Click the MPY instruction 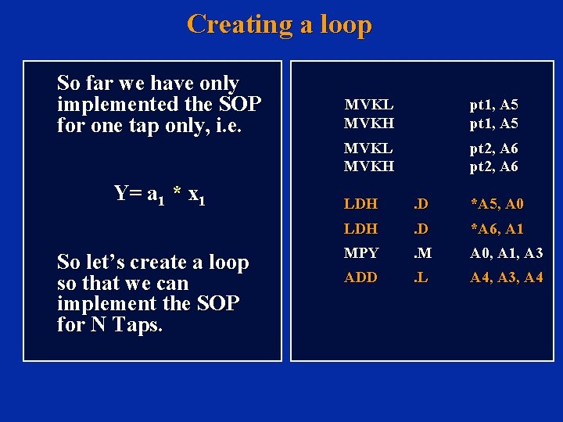pos(360,253)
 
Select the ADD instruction pos(360,277)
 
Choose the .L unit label pos(421,277)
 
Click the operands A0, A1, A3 pos(506,253)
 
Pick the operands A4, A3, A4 pos(506,277)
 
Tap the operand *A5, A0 pos(497,204)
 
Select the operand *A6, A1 pos(497,229)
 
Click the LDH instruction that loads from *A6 pos(360,229)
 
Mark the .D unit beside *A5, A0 pos(421,204)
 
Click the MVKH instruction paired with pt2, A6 pos(369,166)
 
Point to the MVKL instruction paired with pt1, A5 pos(369,104)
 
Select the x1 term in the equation pos(196,195)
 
